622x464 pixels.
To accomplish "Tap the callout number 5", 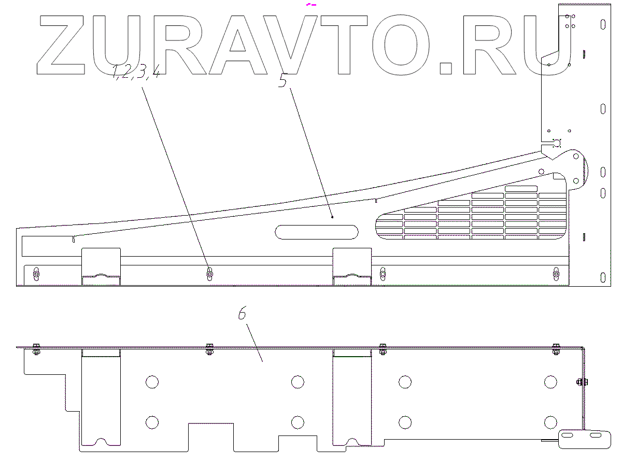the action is click(283, 80).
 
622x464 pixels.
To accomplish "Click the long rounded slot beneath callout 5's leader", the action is click(316, 232).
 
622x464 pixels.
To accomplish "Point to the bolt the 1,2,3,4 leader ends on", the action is click(209, 273).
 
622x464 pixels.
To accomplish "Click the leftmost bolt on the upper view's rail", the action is click(36, 273).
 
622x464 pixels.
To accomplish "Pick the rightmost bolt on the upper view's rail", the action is click(556, 273).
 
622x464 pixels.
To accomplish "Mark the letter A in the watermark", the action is click(238, 45).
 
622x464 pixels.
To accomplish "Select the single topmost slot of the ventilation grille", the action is click(521, 189).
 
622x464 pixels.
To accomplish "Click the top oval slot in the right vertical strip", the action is click(602, 24).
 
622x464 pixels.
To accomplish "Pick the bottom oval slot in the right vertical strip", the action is click(602, 276).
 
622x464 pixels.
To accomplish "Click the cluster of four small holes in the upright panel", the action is click(570, 21).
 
